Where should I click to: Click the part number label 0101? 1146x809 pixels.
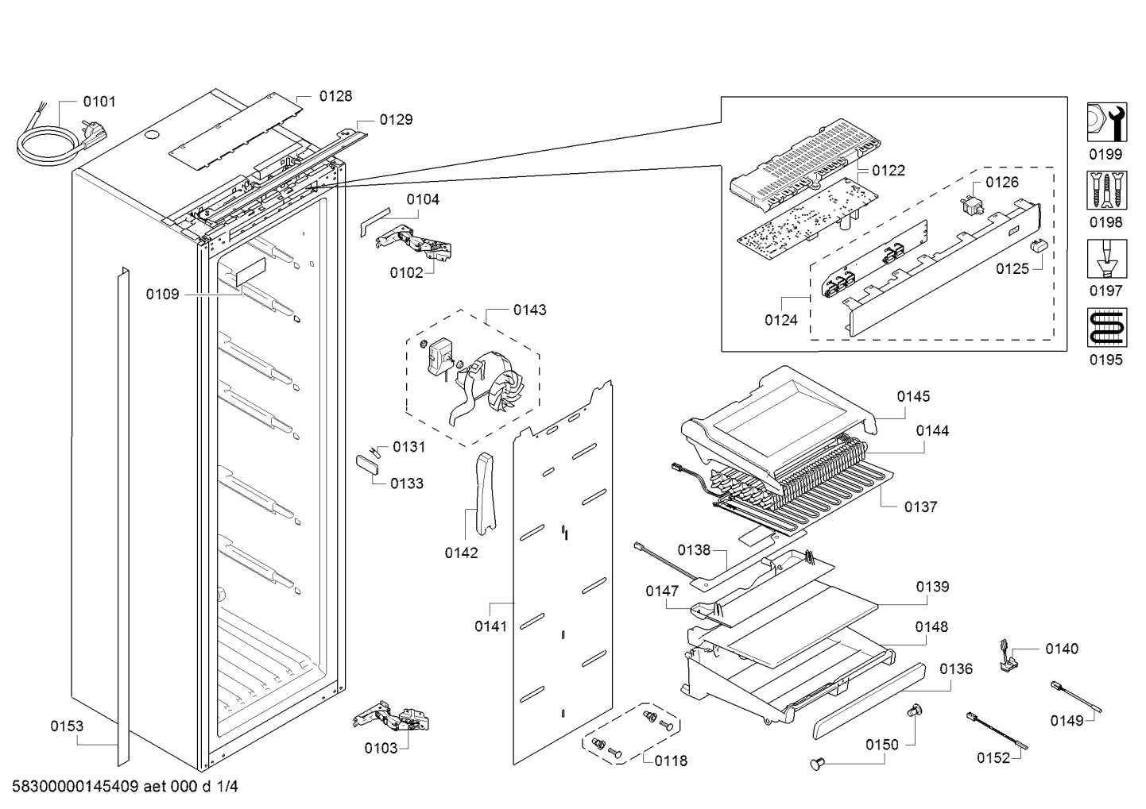(x=99, y=102)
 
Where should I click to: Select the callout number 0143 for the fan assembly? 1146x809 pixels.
(x=529, y=310)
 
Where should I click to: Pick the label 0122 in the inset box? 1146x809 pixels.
(x=888, y=171)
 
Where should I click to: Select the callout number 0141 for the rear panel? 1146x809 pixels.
(x=490, y=626)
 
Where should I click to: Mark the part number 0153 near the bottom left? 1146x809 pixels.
(x=67, y=726)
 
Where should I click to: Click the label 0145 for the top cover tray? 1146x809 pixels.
(x=913, y=396)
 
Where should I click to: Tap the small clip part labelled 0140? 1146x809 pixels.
(x=1011, y=657)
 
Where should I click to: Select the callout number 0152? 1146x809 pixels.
(x=993, y=757)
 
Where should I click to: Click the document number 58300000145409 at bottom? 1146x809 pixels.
(x=75, y=788)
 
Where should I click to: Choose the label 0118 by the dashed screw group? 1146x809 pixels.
(x=671, y=761)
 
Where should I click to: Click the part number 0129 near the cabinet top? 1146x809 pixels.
(x=396, y=120)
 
